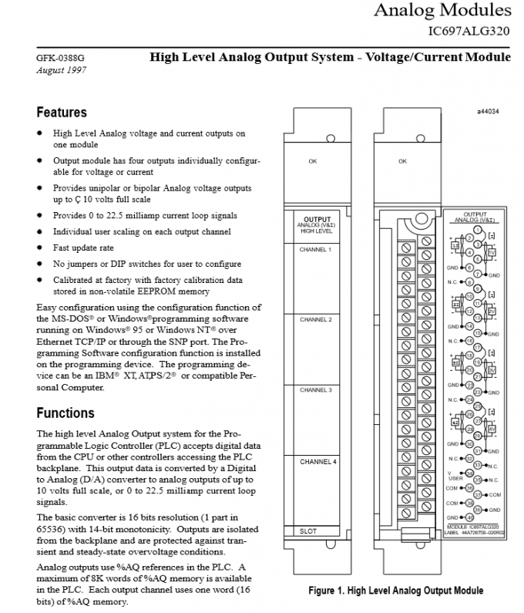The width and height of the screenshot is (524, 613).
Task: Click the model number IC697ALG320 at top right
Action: tap(469, 32)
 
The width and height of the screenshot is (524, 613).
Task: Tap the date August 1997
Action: tap(61, 70)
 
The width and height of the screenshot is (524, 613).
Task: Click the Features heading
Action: tap(62, 113)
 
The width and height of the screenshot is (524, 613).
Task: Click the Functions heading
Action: tap(65, 413)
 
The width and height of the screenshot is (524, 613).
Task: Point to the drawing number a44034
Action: tap(488, 111)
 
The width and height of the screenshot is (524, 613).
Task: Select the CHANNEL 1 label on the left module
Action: tap(314, 251)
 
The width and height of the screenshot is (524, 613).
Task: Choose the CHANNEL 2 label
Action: tap(314, 319)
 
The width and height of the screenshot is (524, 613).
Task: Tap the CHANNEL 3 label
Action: tap(314, 390)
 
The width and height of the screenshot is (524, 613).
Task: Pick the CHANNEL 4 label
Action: tap(314, 461)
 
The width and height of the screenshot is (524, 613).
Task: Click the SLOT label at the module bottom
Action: tap(308, 531)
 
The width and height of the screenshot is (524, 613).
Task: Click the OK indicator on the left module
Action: tap(312, 161)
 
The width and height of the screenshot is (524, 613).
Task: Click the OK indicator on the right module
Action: tap(402, 161)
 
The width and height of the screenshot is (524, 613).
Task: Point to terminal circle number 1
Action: tap(479, 230)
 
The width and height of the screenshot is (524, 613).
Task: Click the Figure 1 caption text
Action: tap(395, 591)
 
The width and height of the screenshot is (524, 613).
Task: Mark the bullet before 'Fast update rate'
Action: tap(39, 248)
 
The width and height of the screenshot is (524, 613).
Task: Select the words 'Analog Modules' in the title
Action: tap(442, 10)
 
